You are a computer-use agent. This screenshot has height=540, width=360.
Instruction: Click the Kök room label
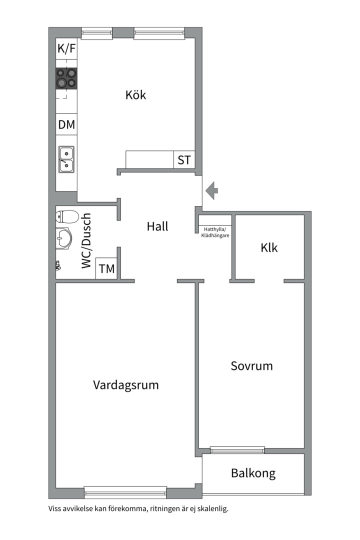(135, 94)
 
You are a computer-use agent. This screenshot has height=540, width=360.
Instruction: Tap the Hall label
(157, 226)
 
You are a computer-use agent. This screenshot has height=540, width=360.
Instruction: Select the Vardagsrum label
(125, 385)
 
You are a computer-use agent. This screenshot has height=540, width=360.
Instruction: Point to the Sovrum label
(251, 365)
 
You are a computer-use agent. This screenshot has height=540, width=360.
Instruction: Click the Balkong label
(253, 473)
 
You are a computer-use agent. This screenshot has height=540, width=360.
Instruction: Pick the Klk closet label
(269, 247)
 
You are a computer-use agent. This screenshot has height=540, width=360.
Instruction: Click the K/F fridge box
(66, 48)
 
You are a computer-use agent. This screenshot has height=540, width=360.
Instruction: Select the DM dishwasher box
(66, 124)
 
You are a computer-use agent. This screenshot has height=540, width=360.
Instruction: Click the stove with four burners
(66, 78)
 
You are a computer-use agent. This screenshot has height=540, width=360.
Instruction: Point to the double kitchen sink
(66, 159)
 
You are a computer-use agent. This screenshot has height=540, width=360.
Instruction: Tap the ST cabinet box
(184, 160)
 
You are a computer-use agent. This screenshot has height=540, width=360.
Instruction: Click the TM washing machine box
(106, 268)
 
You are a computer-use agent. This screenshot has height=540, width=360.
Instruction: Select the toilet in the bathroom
(67, 216)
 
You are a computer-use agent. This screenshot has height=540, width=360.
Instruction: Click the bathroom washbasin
(63, 237)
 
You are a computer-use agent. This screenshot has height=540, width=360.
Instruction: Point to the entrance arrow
(211, 190)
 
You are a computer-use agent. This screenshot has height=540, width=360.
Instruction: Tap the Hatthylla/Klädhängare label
(215, 232)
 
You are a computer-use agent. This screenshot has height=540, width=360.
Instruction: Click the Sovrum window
(237, 450)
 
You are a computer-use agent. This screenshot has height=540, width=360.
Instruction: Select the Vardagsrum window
(125, 492)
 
